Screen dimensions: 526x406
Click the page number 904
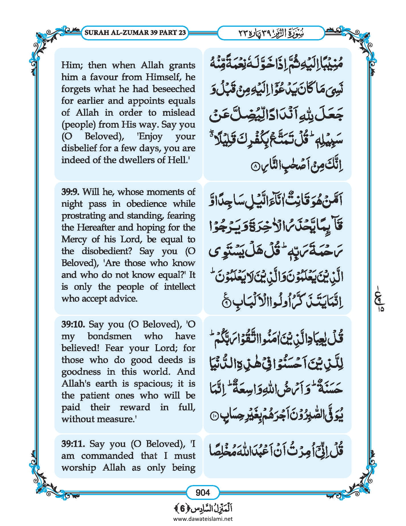pos(203,492)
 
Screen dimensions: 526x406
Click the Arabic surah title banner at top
pos(271,33)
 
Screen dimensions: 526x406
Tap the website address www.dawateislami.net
pos(203,519)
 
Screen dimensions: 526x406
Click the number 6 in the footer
pos(182,508)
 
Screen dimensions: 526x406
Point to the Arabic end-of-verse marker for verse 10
pos(214,417)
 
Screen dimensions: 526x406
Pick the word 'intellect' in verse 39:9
pos(179,287)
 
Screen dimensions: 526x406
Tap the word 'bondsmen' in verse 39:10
pos(110,336)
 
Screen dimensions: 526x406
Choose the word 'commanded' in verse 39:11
pos(107,456)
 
